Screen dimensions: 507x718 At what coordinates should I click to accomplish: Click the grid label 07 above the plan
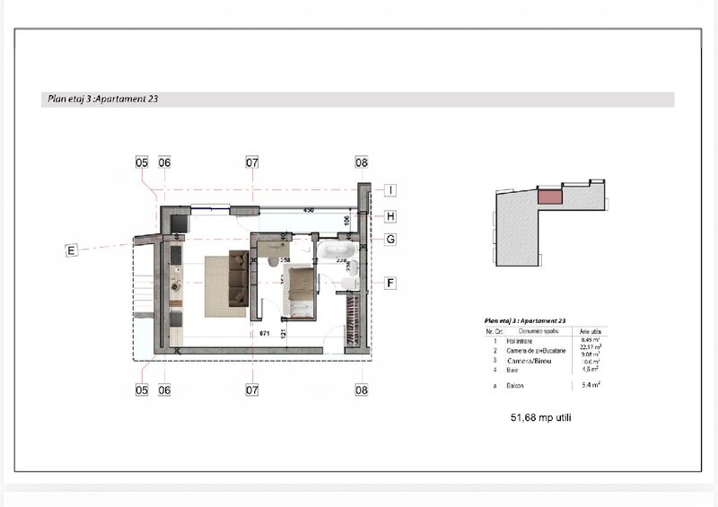252,162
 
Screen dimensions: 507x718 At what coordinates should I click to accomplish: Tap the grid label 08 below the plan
362,390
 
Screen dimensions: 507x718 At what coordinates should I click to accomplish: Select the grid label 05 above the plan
142,162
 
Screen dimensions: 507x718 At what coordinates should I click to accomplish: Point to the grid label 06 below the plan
164,390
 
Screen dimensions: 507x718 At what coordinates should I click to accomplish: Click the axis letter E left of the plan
71,250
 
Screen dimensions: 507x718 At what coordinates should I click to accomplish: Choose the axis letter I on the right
391,189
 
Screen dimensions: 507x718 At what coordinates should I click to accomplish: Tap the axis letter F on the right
391,283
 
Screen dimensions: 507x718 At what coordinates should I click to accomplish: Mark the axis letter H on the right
391,216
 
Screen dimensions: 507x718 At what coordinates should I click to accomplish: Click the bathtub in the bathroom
337,250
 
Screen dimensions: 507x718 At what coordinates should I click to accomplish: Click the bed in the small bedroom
301,292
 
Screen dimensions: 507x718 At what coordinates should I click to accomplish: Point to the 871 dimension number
266,333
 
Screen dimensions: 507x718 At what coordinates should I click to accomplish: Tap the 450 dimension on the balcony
308,211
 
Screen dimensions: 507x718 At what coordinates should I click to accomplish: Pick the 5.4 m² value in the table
590,385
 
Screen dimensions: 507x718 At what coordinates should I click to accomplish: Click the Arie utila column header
590,330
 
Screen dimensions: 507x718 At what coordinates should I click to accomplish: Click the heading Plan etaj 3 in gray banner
101,100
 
